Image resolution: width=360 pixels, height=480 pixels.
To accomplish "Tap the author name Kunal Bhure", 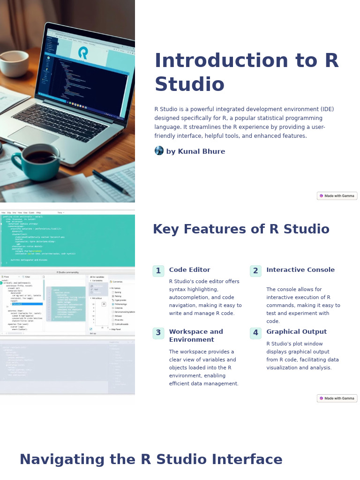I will coord(195,151).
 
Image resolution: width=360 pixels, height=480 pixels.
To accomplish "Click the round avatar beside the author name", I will coord(159,151).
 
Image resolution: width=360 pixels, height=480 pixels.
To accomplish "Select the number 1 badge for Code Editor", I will coord(158,271).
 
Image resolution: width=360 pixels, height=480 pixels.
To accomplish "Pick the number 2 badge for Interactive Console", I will coord(255,271).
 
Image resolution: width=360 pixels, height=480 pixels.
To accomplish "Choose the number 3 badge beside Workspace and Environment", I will coord(158,333).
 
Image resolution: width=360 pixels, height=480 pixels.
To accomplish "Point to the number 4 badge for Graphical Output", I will coord(255,333).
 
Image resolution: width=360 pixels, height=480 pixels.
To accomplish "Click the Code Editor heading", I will coord(189,270).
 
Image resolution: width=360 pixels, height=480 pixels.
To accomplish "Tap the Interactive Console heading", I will coord(300,270).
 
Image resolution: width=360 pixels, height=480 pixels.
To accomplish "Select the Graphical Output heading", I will coord(296,332).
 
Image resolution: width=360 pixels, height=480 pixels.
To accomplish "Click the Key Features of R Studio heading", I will coord(241,230).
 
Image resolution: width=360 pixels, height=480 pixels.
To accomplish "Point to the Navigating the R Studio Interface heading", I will coord(151,460).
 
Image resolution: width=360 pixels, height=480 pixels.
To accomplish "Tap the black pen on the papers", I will coord(111,182).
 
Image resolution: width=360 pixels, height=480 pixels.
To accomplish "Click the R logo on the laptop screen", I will coord(83,53).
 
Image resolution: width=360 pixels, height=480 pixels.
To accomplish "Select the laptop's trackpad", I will coord(34,135).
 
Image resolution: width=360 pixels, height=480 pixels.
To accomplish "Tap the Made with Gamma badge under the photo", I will coord(337,196).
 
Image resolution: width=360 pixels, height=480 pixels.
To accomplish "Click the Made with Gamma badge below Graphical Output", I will coord(337,398).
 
